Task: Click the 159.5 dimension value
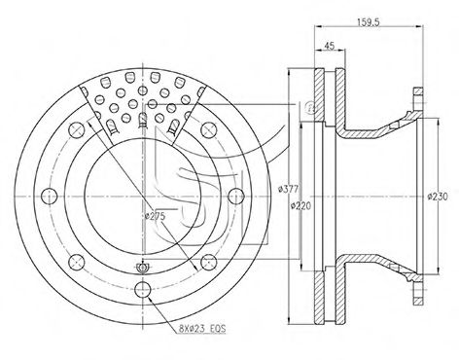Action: pyautogui.click(x=369, y=22)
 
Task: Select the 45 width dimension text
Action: pyautogui.click(x=329, y=46)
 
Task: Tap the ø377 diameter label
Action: pyautogui.click(x=288, y=189)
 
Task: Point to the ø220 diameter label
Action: pyautogui.click(x=300, y=205)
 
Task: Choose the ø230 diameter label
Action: pyautogui.click(x=438, y=197)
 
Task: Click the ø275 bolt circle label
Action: pyautogui.click(x=156, y=216)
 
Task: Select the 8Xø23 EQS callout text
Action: pyautogui.click(x=202, y=329)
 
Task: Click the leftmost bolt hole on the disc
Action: pyautogui.click(x=50, y=197)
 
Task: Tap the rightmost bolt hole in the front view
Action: pyautogui.click(x=235, y=197)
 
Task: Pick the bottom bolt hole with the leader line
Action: pyautogui.click(x=143, y=289)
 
